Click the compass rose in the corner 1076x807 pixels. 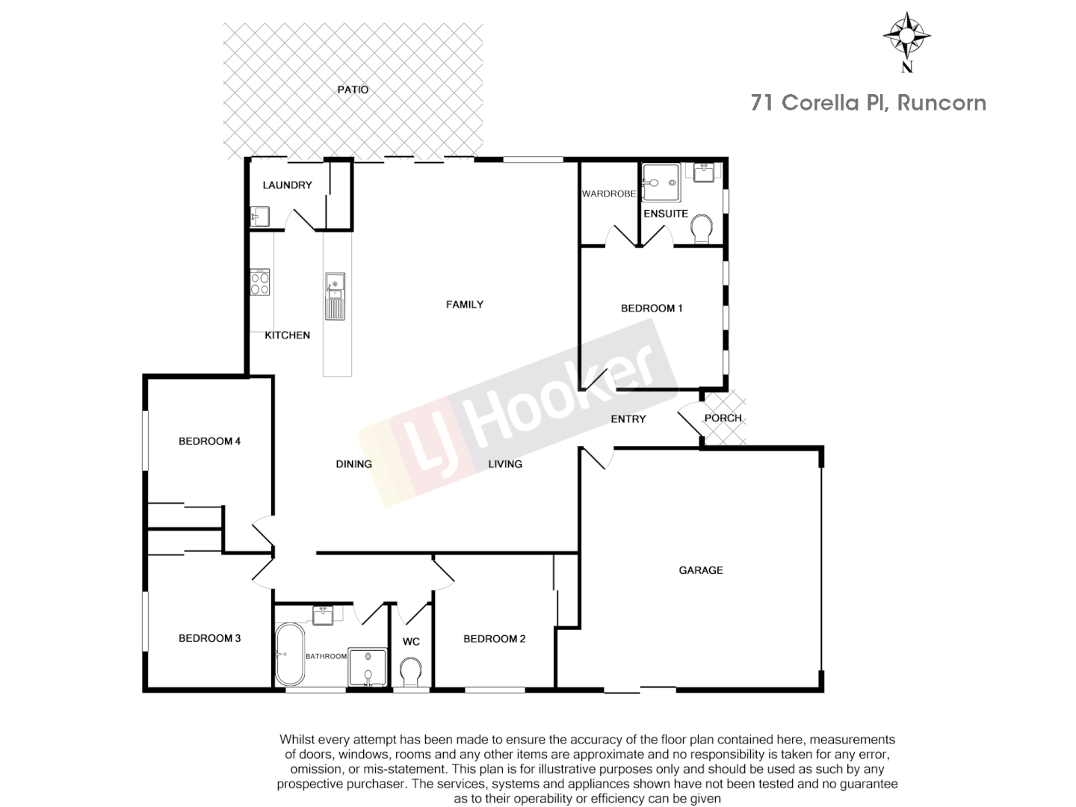pos(907,36)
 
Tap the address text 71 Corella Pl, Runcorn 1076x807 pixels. pos(868,103)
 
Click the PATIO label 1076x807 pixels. pos(353,90)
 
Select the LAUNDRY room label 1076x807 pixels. pos(287,185)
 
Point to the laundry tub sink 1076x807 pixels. pos(259,216)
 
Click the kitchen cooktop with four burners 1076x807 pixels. pos(260,282)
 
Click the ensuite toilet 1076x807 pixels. pos(702,228)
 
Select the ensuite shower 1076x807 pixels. pos(661,182)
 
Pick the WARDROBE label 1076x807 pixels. pos(608,194)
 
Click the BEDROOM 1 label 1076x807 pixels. pos(652,308)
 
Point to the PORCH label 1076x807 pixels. pos(723,418)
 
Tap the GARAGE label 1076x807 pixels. pos(700,570)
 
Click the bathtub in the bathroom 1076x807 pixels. pos(289,655)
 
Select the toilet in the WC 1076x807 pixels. pos(410,671)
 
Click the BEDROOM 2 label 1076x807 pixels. pos(494,639)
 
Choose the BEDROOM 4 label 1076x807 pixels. pos(209,441)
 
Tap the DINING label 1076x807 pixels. pos(353,464)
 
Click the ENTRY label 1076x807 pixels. pos(628,419)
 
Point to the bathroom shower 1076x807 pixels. pos(368,667)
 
